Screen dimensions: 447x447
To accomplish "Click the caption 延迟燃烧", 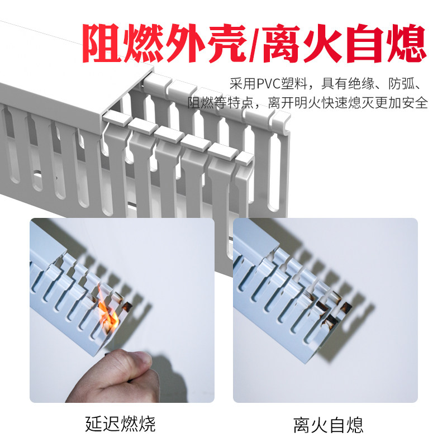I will point(121,423).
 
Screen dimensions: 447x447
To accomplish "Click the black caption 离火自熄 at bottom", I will point(328,424).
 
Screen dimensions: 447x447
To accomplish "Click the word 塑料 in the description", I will point(300,84).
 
